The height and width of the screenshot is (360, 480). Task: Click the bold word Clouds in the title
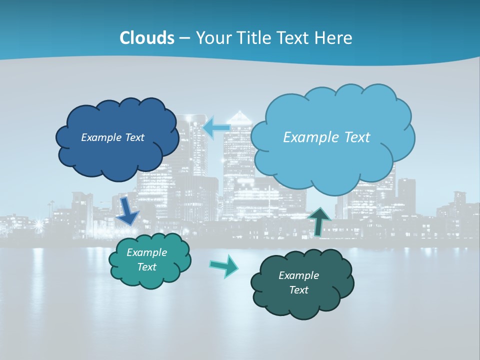(147, 38)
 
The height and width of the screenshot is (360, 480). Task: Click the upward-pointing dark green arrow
(319, 221)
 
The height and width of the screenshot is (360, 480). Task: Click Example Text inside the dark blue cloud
(112, 137)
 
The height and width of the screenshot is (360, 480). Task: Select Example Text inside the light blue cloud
(326, 137)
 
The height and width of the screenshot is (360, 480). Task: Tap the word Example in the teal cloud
(146, 252)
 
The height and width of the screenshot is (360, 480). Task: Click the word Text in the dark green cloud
(298, 290)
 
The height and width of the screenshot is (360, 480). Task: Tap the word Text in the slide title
(294, 38)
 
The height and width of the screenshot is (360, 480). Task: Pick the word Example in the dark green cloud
(298, 275)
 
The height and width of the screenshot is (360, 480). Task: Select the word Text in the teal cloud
(146, 267)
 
